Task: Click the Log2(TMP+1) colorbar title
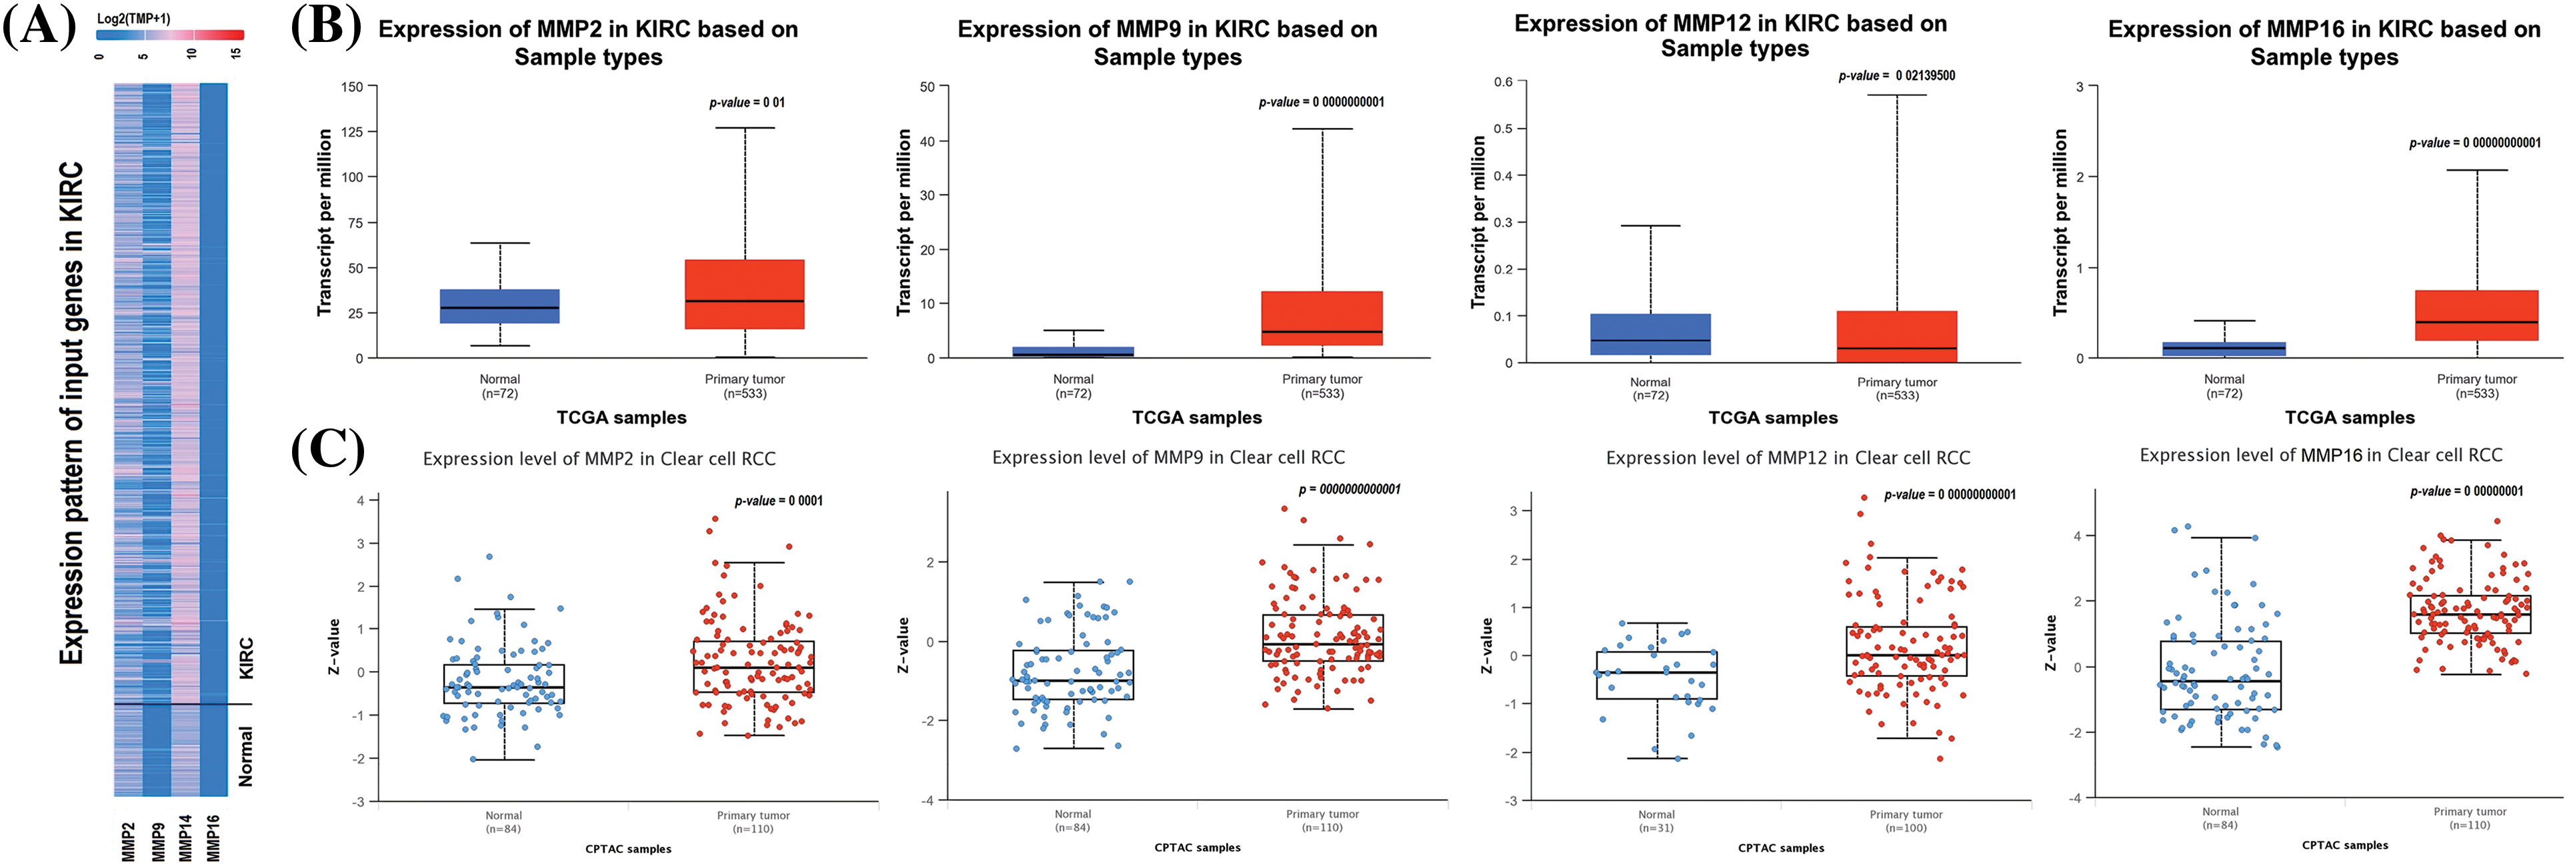coord(133,19)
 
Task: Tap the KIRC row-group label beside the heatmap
coord(245,658)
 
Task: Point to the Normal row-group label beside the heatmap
coord(245,756)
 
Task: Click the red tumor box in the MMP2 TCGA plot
coord(744,294)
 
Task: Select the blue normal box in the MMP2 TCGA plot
coord(499,306)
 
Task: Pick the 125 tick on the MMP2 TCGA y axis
coord(352,131)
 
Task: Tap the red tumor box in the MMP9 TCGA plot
coord(1322,318)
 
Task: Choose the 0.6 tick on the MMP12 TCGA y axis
coord(1503,82)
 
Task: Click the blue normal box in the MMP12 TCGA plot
coord(1650,334)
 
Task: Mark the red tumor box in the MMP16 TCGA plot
coord(2476,315)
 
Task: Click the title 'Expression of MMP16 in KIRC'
coord(2324,42)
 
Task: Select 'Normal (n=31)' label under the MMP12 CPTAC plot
coord(1656,821)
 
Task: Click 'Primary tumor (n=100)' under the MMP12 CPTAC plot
coord(1906,821)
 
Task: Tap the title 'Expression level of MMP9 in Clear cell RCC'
coord(1168,457)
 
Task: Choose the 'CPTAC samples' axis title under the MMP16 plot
coord(2345,845)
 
